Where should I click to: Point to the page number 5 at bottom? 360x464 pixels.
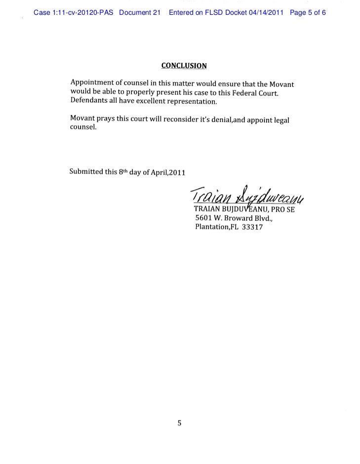point(180,423)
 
